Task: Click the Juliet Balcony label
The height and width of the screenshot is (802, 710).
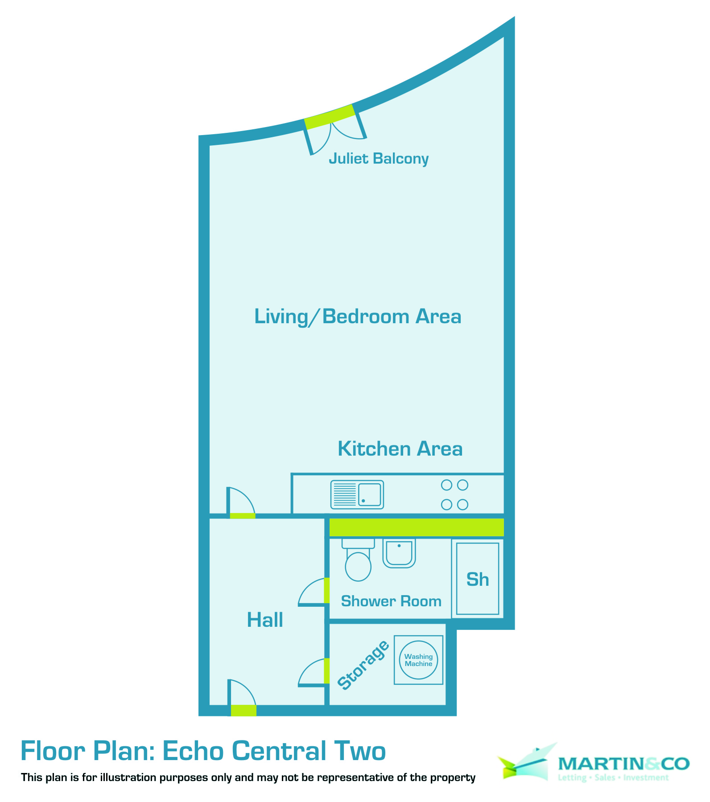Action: (x=379, y=159)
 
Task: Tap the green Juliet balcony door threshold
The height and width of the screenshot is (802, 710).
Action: (x=329, y=117)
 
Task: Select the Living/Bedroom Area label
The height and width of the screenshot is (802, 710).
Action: (x=358, y=317)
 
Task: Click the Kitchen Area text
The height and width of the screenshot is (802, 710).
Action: (x=400, y=449)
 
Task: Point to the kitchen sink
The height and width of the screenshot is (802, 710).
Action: (x=357, y=494)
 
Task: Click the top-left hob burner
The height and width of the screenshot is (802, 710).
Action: (x=446, y=485)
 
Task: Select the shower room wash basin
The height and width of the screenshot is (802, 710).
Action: (x=399, y=553)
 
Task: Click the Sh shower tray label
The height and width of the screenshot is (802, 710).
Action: (x=478, y=580)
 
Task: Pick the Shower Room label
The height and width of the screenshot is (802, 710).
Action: (x=391, y=601)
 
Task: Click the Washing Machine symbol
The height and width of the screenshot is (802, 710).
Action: (x=418, y=660)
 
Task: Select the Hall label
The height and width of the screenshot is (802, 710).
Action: (x=265, y=620)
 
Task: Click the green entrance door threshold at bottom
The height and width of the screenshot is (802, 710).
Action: (x=244, y=710)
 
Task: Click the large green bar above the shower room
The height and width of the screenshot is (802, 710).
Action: (x=417, y=527)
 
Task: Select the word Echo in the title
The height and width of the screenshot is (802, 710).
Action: (x=193, y=751)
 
